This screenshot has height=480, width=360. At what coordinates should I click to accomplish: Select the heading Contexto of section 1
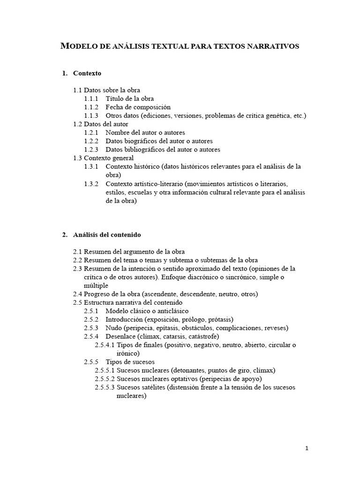tap(87, 73)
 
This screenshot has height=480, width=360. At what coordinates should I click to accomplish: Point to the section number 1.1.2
tap(91, 107)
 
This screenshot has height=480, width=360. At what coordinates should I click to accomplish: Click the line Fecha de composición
tap(138, 107)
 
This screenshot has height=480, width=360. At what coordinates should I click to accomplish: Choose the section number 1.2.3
tap(91, 149)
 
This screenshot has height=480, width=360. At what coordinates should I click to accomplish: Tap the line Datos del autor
tap(105, 124)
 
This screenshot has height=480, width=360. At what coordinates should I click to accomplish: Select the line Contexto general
tap(109, 158)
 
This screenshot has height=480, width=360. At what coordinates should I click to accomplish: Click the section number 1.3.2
tap(91, 183)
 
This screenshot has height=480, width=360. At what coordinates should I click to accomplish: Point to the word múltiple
tap(96, 285)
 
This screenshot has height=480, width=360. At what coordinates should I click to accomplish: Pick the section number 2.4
tap(78, 294)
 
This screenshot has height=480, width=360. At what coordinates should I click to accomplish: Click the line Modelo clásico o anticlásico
tap(147, 311)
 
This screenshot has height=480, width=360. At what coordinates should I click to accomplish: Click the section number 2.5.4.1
tap(105, 345)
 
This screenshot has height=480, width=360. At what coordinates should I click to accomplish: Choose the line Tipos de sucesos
tap(130, 362)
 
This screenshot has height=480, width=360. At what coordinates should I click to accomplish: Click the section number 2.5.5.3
tap(105, 387)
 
